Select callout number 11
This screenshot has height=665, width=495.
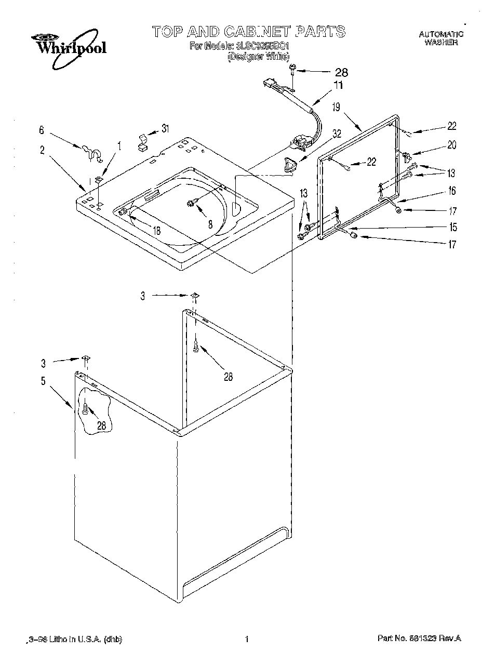[x=338, y=86]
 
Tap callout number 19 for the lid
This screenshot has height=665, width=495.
[x=336, y=108]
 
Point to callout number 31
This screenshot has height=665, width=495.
[x=165, y=128]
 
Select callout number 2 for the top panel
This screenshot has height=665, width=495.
[x=42, y=151]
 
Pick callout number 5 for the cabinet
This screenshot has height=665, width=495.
[x=44, y=381]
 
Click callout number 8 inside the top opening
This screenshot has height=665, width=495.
[x=210, y=224]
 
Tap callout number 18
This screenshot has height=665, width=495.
[x=156, y=230]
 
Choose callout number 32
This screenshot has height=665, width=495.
[x=337, y=134]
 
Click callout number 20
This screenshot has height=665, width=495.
[x=451, y=145]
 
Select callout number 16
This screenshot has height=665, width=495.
[x=452, y=191]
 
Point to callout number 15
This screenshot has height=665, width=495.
[x=452, y=227]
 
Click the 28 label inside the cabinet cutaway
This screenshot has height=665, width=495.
[x=101, y=425]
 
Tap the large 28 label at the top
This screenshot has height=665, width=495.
[x=340, y=72]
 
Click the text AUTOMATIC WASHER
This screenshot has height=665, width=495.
[x=440, y=38]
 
